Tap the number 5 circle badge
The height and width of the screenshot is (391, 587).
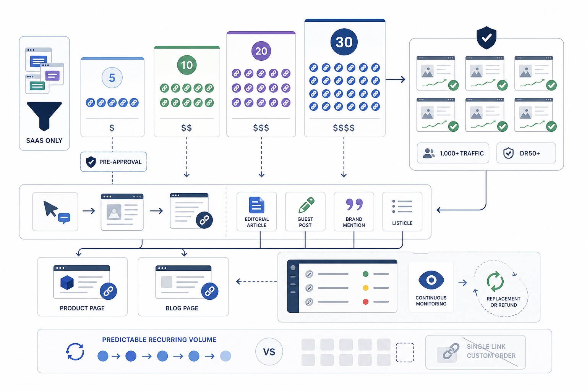tap(112, 78)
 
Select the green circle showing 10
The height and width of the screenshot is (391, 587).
tap(187, 65)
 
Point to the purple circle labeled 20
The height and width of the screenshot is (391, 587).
tap(261, 51)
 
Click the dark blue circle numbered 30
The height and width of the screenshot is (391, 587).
tap(344, 42)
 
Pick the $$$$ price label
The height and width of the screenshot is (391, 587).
tap(344, 128)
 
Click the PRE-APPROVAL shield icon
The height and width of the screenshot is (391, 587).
tap(91, 162)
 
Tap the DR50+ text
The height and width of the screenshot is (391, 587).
tap(530, 153)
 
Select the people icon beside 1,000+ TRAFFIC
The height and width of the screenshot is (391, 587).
tap(429, 153)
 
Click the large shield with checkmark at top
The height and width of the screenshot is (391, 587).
tap(486, 38)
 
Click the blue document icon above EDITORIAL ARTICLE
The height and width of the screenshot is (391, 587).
tap(256, 205)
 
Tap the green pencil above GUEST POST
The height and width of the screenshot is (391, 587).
tap(306, 205)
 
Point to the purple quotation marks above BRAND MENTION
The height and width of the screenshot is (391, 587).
tap(354, 204)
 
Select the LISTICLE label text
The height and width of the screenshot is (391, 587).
tap(402, 223)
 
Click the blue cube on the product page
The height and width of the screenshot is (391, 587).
tap(67, 282)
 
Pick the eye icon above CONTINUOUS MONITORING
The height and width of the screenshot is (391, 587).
tap(431, 280)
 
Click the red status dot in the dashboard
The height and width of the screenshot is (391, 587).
tap(366, 302)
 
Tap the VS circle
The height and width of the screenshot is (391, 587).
tap(269, 352)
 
